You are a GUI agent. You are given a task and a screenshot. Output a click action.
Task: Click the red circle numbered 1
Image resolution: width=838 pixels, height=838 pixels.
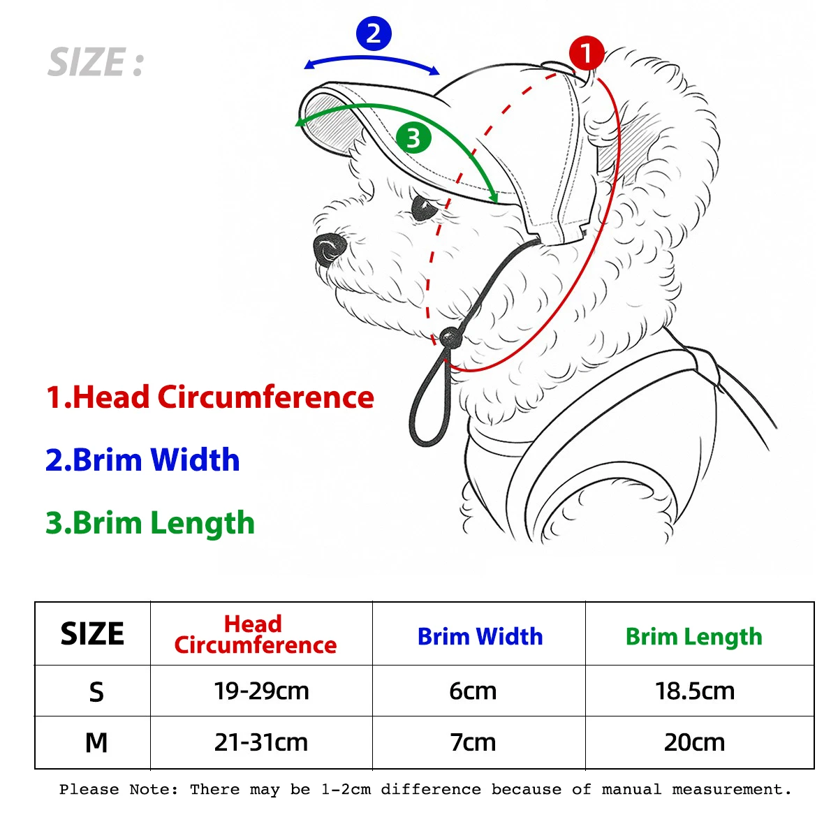pos(586,53)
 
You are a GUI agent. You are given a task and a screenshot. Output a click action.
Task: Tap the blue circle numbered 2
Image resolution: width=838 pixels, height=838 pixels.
pos(374,34)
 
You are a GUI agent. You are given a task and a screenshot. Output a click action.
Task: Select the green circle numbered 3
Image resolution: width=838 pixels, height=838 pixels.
pos(413,138)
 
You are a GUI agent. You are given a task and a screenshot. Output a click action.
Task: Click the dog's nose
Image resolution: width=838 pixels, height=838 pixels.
pos(329,248)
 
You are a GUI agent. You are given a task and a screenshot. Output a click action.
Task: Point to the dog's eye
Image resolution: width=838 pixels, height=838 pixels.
pos(423,208)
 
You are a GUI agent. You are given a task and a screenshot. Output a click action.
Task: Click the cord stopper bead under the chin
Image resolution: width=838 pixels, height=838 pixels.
pos(449,339)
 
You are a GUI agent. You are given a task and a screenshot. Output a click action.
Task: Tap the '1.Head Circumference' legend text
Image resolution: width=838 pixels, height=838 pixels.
pos(209,397)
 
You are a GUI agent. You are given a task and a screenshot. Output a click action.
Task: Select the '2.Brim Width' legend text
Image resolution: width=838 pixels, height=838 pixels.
pos(142,460)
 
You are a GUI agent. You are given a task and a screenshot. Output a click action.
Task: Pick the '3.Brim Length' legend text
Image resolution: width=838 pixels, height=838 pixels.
pos(150,523)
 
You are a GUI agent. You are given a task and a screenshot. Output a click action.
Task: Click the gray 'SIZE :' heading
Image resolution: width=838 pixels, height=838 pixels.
pos(96,63)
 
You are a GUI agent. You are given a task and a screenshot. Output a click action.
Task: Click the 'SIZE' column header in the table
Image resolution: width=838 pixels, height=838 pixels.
pos(92,634)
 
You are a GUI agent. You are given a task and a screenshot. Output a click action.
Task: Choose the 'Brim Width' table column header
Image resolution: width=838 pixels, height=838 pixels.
pos(480,636)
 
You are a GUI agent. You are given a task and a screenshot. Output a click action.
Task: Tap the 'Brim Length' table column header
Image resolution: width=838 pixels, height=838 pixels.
pos(693,637)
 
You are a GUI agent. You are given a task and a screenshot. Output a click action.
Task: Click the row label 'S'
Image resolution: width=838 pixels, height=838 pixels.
pos(96,692)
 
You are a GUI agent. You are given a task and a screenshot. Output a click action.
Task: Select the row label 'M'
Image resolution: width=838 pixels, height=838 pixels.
pos(96,742)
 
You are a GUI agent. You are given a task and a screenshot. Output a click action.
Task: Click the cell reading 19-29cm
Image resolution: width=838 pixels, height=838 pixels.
pos(261,691)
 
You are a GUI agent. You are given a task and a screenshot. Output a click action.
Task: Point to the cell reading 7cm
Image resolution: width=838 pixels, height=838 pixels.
pos(473,742)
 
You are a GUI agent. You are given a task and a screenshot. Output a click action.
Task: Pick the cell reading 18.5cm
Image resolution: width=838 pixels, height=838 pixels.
pos(695,691)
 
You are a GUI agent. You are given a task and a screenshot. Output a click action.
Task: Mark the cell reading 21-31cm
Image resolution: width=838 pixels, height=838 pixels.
pos(261,742)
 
